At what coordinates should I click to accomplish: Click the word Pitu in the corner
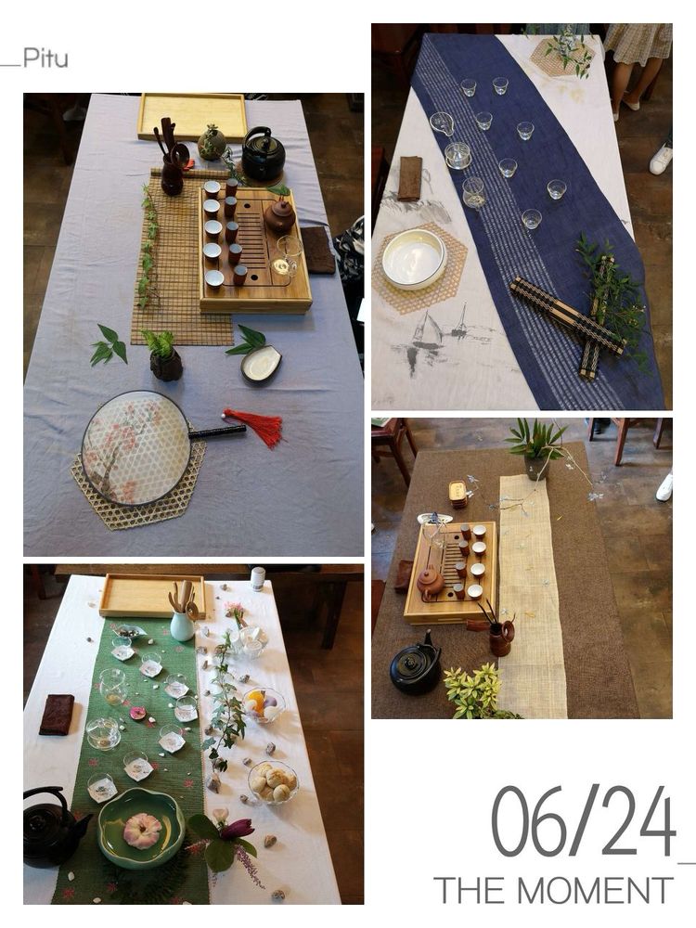(45, 58)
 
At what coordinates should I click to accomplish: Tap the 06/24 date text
(584, 820)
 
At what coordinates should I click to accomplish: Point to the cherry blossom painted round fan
(136, 448)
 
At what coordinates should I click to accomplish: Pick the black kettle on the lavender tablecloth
(264, 153)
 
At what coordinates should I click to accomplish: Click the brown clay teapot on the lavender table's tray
(280, 215)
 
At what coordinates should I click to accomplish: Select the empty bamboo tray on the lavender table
(192, 117)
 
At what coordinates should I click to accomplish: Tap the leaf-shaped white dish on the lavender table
(261, 363)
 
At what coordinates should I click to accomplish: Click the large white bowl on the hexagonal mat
(414, 259)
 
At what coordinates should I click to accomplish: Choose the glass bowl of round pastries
(273, 782)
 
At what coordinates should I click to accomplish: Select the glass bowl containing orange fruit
(264, 705)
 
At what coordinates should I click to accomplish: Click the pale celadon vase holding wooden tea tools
(182, 625)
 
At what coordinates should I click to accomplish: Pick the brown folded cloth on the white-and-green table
(57, 715)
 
